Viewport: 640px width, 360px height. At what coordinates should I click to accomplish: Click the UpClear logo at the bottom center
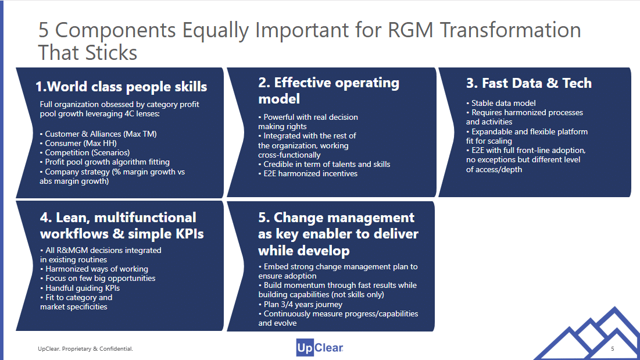[320, 348]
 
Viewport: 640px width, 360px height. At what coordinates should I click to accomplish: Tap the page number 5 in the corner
[612, 348]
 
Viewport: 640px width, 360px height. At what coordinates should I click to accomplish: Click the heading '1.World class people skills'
[121, 87]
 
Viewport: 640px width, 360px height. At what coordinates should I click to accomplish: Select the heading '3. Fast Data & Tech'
[529, 83]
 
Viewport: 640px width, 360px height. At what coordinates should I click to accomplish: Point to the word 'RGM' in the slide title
[410, 30]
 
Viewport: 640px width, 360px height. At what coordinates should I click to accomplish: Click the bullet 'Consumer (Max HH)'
[78, 143]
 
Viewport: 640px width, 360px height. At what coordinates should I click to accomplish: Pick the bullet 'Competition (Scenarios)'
[85, 152]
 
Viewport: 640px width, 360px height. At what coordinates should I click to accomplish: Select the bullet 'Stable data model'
[501, 104]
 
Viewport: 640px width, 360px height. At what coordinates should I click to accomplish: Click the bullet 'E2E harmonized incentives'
[308, 173]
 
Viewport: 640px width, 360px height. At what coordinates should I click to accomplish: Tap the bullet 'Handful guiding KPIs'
[80, 288]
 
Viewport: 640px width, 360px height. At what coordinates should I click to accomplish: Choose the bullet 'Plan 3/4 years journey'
[301, 305]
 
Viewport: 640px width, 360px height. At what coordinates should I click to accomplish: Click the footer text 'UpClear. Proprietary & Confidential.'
[85, 348]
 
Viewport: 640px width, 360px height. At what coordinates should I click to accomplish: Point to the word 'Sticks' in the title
[111, 53]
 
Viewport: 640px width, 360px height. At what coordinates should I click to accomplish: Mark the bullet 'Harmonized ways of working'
[94, 269]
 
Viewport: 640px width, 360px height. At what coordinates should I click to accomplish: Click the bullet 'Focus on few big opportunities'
[98, 279]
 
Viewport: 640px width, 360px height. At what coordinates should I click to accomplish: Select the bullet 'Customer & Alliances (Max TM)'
[98, 134]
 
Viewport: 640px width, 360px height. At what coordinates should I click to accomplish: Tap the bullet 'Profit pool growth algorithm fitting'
[105, 162]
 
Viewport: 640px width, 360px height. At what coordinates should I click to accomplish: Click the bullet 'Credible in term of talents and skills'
[324, 164]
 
